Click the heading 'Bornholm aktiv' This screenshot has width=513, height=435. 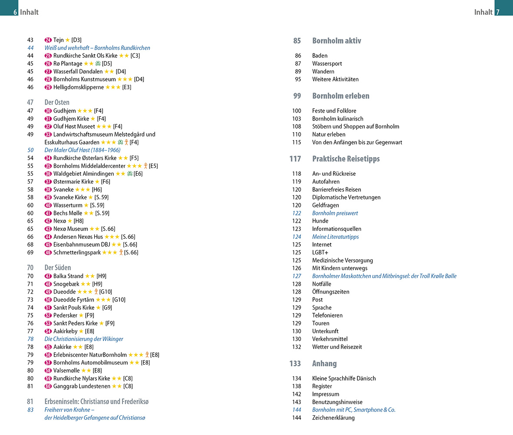click(x=336, y=41)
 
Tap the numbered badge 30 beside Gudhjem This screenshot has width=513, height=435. click(x=48, y=111)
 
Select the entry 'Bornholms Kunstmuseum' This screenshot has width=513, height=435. click(x=84, y=79)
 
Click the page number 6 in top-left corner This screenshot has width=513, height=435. click(x=15, y=13)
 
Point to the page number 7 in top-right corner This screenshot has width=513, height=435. click(x=498, y=13)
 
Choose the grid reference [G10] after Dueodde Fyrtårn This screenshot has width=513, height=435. click(x=119, y=300)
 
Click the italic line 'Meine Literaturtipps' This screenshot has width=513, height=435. click(x=335, y=237)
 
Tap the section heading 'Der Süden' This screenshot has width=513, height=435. click(x=57, y=268)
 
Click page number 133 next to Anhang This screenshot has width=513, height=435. click(x=295, y=364)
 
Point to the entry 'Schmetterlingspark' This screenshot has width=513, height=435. click(x=77, y=252)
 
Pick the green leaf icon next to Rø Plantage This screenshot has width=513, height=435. click(x=98, y=64)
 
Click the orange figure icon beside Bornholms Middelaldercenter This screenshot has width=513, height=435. click(x=146, y=166)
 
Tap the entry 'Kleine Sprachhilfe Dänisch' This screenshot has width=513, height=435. click(x=344, y=378)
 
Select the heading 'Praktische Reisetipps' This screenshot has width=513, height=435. click(x=346, y=159)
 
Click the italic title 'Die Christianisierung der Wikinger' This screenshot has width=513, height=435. click(x=84, y=339)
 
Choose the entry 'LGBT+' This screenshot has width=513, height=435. click(x=320, y=252)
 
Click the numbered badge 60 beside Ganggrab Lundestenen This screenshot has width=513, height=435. click(x=48, y=386)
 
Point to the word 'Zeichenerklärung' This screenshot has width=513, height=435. click(x=333, y=418)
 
